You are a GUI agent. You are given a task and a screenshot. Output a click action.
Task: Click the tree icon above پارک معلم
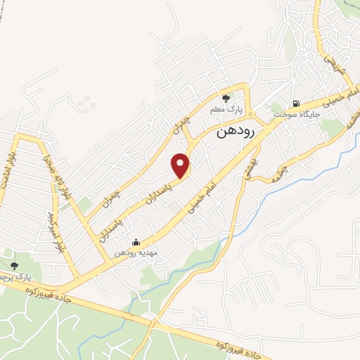tap(226, 98)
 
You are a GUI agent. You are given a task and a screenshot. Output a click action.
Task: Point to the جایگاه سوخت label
tap(302, 112)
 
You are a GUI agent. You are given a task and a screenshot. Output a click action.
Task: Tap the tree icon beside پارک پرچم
tap(14, 265)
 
